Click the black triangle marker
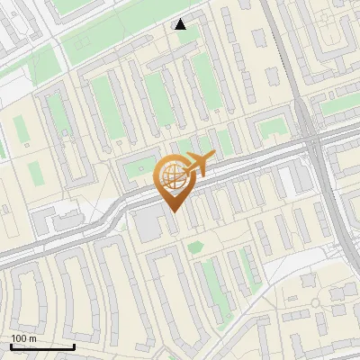181,24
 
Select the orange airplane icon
200,163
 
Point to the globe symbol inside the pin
172,175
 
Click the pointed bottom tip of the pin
174,211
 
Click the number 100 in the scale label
19,338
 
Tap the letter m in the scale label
32,338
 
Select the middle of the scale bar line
42,346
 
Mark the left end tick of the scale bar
11,346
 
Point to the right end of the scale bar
74,346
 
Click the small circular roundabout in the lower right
315,302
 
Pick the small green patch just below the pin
195,245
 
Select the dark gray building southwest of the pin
147,225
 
